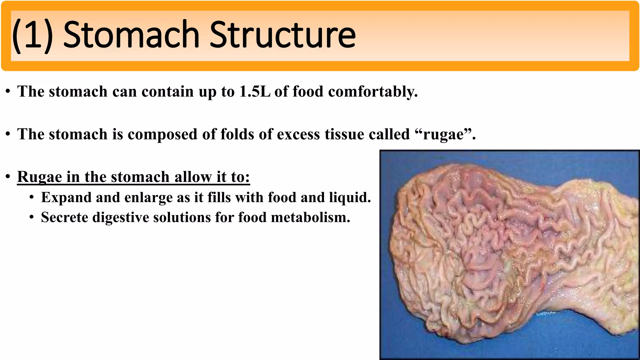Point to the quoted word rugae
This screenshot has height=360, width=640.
tap(443, 134)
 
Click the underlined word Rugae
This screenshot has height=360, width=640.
tap(39, 177)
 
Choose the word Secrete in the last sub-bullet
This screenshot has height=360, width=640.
tap(64, 217)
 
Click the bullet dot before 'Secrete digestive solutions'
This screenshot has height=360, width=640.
tap(32, 218)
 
